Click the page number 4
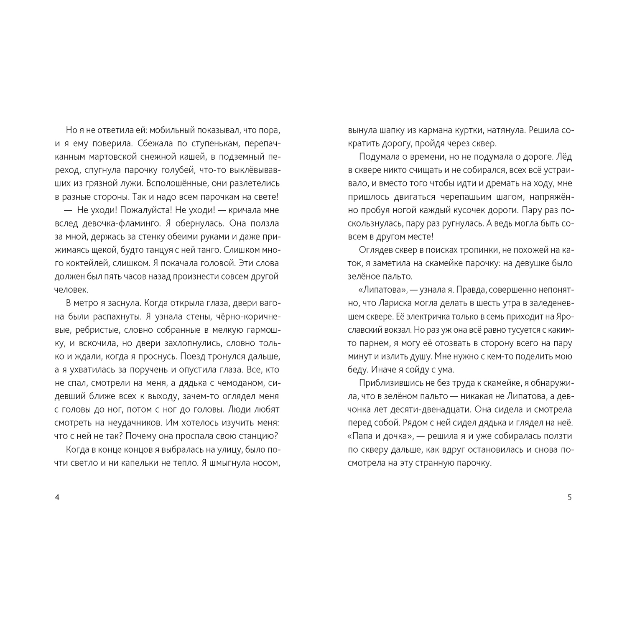click(57, 497)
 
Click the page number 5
click(569, 497)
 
